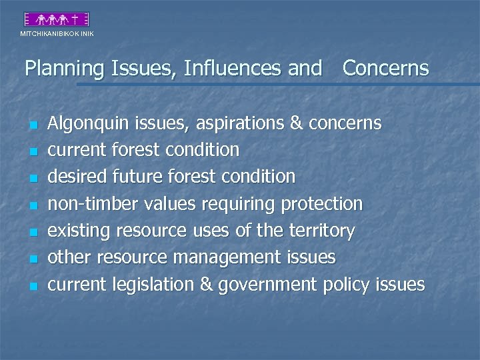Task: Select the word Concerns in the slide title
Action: (385, 69)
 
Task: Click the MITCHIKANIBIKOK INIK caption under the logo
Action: (57, 33)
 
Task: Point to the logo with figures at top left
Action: (57, 19)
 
